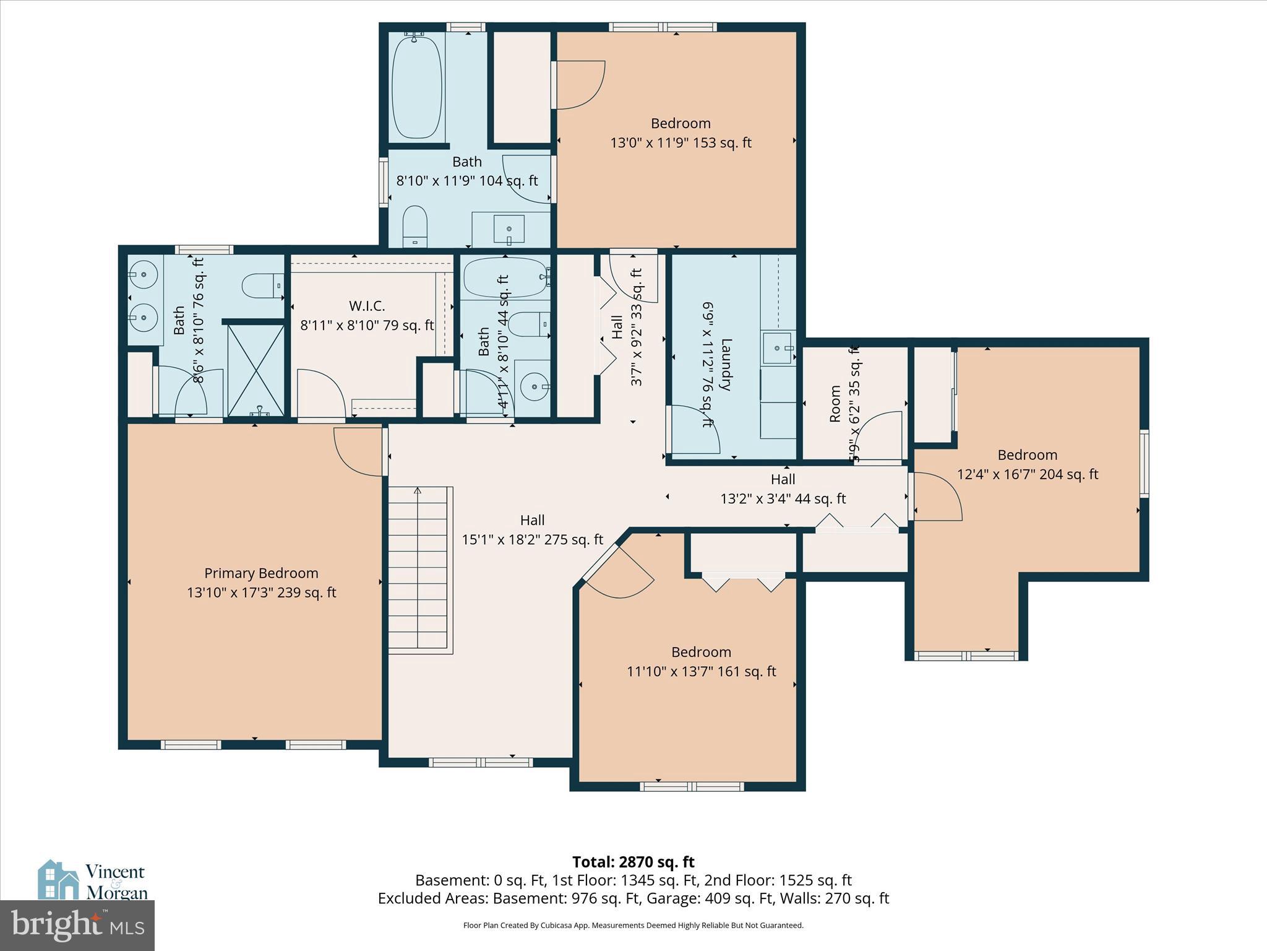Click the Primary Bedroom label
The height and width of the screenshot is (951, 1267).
[261, 573]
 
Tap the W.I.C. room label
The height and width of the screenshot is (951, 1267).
[367, 306]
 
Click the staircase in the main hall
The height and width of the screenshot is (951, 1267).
[419, 570]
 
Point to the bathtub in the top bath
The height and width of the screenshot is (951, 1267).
[417, 87]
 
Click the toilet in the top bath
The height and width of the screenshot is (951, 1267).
[415, 226]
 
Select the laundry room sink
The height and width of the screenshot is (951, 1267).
[778, 348]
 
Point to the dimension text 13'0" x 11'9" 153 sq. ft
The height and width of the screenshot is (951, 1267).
[681, 143]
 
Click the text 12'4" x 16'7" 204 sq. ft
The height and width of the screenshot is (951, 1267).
[1027, 474]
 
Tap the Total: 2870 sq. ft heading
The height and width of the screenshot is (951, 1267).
[633, 862]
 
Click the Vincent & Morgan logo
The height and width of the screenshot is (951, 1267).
[93, 880]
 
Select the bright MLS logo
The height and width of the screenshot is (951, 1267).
[77, 925]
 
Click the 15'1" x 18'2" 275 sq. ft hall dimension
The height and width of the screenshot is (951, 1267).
[532, 540]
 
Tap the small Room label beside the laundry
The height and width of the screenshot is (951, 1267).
[835, 404]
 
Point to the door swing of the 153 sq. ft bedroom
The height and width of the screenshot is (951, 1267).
[580, 85]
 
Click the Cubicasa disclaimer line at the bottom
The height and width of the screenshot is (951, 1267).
[633, 926]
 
